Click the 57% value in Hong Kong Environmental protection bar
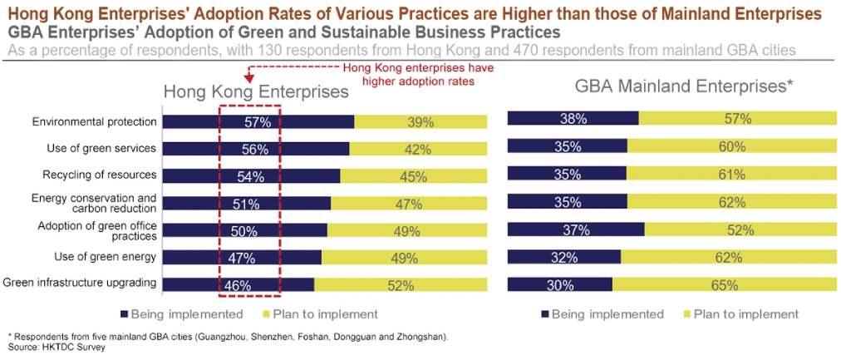[x=258, y=122]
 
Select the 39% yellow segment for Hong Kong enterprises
[x=420, y=122]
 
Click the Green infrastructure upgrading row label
[x=80, y=283]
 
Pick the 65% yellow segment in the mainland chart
[x=724, y=285]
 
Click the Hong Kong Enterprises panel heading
[x=255, y=91]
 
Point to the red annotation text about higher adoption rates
[x=407, y=75]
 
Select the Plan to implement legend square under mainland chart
[x=686, y=314]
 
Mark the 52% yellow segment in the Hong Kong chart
[x=400, y=285]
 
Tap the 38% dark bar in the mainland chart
[x=573, y=118]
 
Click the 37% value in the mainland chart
[x=576, y=229]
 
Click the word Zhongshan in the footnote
[x=423, y=337]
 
